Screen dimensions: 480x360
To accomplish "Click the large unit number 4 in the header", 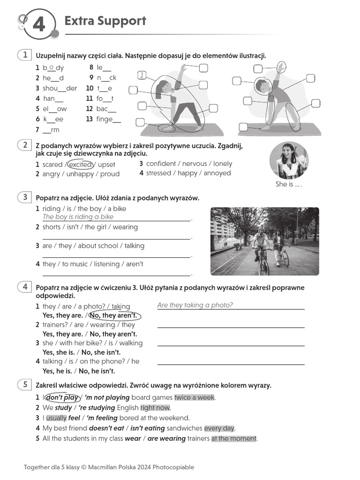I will [x=38, y=23].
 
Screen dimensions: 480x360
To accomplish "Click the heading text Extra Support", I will [x=105, y=21].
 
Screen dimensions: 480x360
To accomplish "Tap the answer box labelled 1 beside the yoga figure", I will [x=142, y=75].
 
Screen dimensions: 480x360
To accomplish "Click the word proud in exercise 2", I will [x=110, y=174].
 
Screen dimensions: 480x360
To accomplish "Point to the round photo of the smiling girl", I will [x=289, y=160].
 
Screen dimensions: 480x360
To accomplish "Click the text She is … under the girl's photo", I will [x=288, y=184].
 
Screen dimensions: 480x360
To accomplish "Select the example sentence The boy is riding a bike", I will [x=78, y=217].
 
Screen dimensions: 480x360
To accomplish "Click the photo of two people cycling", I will [x=264, y=241].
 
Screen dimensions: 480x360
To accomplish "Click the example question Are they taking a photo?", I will [x=195, y=305].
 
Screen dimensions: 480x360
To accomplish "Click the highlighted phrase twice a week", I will [x=195, y=397].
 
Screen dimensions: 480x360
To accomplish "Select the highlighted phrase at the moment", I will [x=233, y=439].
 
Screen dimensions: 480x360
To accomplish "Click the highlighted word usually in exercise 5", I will [x=56, y=418].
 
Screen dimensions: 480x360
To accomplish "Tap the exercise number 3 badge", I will [x=25, y=197].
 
